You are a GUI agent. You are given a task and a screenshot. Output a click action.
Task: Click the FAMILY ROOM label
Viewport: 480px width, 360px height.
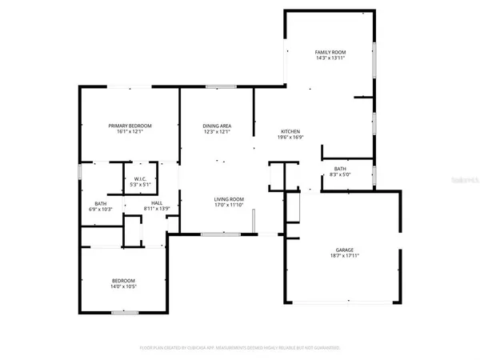click(x=330, y=51)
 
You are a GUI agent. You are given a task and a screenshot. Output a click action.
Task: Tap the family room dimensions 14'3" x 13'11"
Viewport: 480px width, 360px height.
click(x=330, y=58)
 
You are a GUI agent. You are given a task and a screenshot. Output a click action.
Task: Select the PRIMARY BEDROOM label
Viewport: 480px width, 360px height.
click(x=130, y=126)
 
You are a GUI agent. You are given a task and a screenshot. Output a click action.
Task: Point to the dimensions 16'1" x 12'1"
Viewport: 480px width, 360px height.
click(x=130, y=132)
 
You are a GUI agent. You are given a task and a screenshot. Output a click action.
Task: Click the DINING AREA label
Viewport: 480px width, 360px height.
click(x=217, y=126)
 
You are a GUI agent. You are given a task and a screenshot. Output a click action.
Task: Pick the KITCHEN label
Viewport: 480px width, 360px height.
click(x=289, y=131)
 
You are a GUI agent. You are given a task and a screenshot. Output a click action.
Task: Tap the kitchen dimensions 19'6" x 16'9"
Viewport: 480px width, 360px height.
click(x=289, y=138)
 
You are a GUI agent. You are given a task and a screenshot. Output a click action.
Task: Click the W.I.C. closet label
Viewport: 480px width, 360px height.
click(x=141, y=178)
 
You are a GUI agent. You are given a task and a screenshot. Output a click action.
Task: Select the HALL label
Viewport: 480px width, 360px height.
click(x=157, y=202)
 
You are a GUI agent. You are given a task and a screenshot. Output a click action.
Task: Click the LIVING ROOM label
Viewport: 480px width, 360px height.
click(x=228, y=199)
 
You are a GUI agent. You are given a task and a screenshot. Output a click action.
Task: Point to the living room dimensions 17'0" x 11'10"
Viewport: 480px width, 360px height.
click(x=228, y=206)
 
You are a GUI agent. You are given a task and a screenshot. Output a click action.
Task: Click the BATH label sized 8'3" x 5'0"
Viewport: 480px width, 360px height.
click(x=339, y=168)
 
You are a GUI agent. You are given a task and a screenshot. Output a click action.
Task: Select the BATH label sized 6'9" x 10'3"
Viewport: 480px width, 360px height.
click(x=101, y=203)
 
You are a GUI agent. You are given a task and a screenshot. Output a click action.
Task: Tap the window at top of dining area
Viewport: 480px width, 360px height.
click(x=214, y=86)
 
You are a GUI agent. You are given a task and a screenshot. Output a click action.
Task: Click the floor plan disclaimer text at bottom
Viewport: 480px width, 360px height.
click(x=239, y=348)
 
